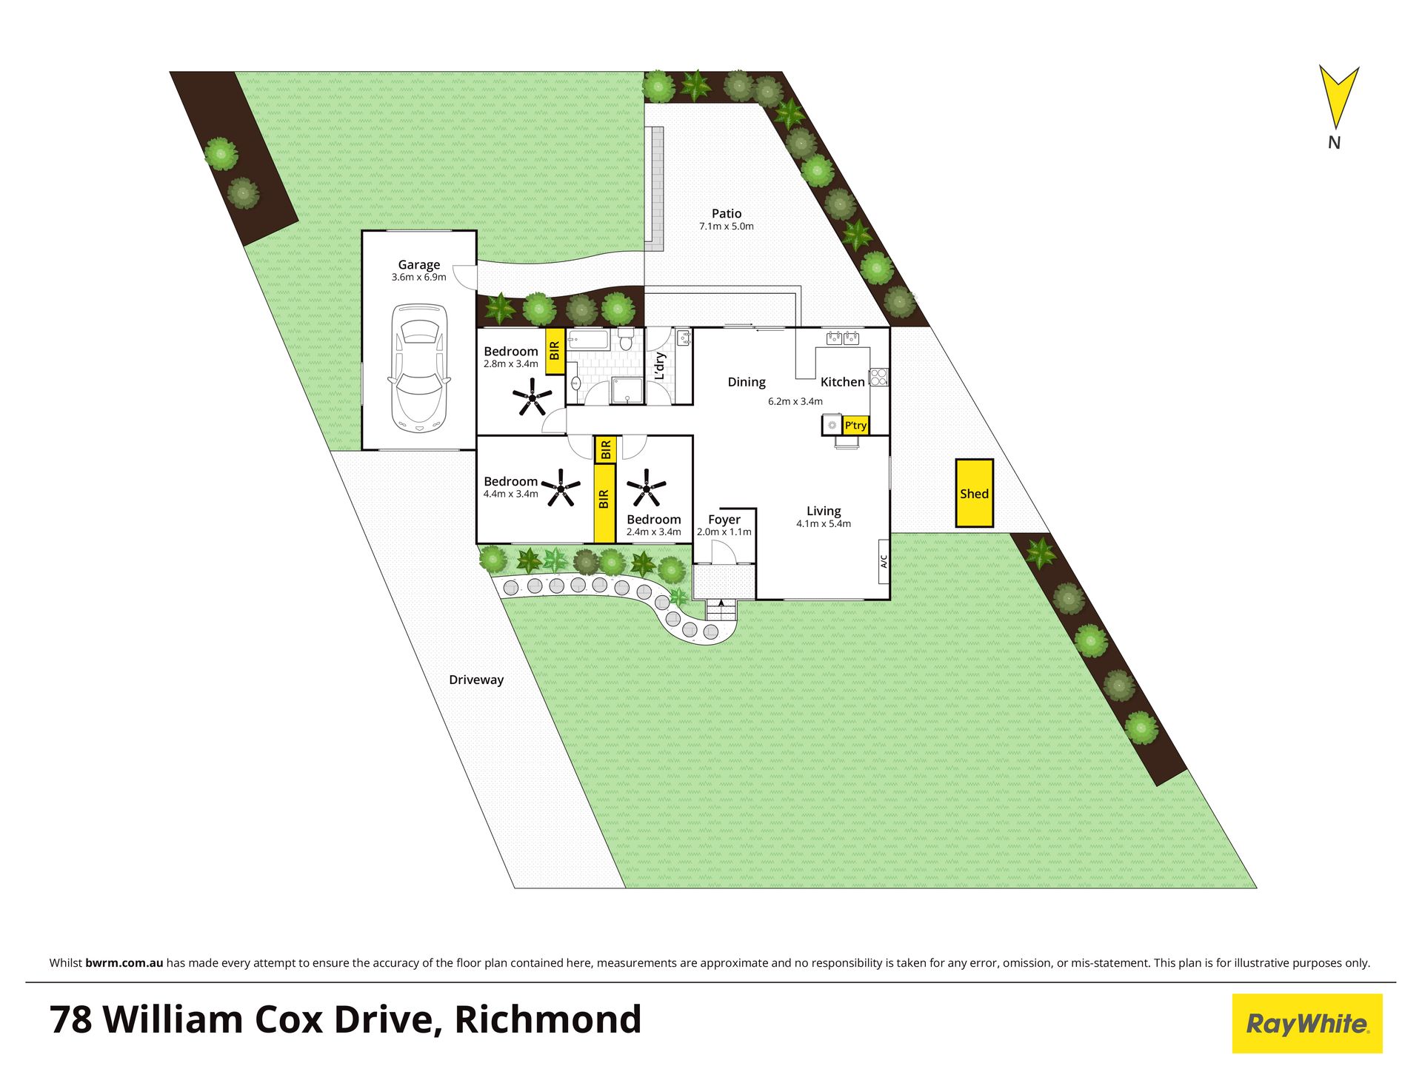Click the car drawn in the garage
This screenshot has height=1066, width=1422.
[x=418, y=368]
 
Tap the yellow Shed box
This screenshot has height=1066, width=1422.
[x=974, y=493]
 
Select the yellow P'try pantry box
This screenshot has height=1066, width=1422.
[x=855, y=425]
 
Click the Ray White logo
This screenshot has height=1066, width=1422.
[x=1307, y=1024]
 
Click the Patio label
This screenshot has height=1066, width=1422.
[x=727, y=213]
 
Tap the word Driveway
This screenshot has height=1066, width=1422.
[x=476, y=680]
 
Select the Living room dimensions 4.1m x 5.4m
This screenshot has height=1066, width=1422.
[x=824, y=523]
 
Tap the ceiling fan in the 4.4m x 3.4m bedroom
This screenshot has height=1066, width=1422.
[x=561, y=488]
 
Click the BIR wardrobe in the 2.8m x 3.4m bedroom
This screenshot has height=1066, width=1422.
[x=555, y=352]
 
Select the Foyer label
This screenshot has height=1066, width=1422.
[x=724, y=520]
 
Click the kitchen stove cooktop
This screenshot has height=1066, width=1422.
[x=878, y=377]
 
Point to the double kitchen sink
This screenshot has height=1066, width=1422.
[x=843, y=338]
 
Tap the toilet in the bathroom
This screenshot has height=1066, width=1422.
[x=626, y=340]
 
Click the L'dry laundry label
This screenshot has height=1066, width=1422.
[x=660, y=366]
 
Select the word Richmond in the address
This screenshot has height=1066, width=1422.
[x=547, y=1019]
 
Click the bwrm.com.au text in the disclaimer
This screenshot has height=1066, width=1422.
[x=124, y=963]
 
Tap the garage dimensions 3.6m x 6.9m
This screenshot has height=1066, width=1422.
[x=419, y=277]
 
